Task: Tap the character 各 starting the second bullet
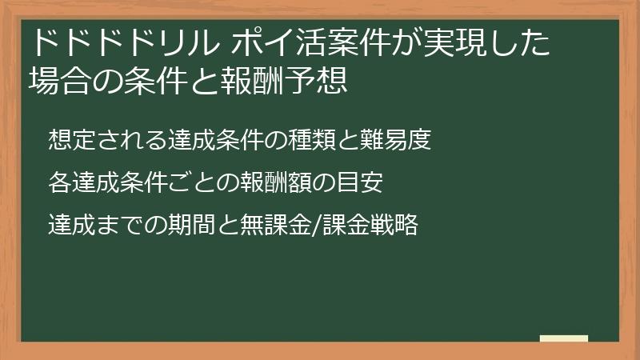click(x=58, y=183)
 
